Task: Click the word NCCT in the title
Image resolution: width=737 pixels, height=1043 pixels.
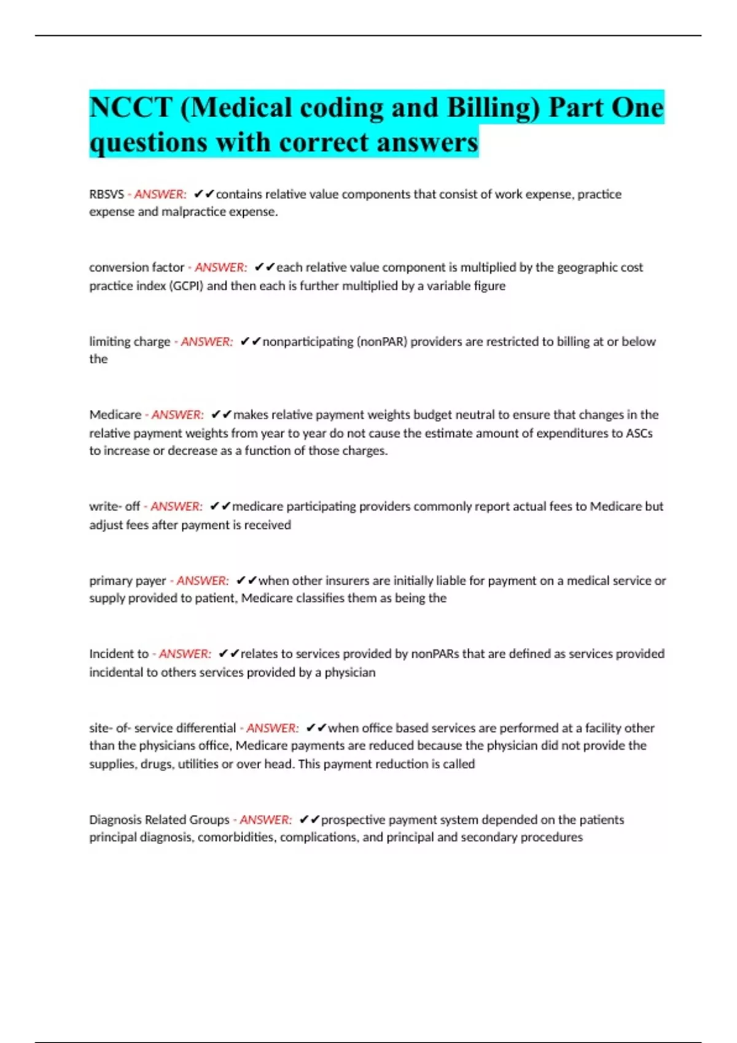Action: pyautogui.click(x=130, y=107)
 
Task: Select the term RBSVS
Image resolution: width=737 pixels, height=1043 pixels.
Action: pyautogui.click(x=106, y=194)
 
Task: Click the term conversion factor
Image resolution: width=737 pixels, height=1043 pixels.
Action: pyautogui.click(x=136, y=267)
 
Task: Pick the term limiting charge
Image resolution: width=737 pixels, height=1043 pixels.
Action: pyautogui.click(x=130, y=342)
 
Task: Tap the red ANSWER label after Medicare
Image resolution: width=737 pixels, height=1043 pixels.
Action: pyautogui.click(x=177, y=415)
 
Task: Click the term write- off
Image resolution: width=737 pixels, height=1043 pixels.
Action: pyautogui.click(x=114, y=507)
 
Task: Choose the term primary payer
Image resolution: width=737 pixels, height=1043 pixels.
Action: pyautogui.click(x=127, y=580)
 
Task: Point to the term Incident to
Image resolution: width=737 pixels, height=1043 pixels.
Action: pyautogui.click(x=119, y=654)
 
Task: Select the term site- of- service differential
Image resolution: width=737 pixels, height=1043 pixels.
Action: pyautogui.click(x=162, y=728)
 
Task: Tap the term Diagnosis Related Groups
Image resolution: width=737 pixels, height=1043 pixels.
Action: pyautogui.click(x=159, y=820)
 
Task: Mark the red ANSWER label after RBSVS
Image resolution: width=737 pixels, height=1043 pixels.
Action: pyautogui.click(x=160, y=194)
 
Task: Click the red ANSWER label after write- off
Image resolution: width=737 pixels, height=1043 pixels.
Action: pyautogui.click(x=176, y=507)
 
